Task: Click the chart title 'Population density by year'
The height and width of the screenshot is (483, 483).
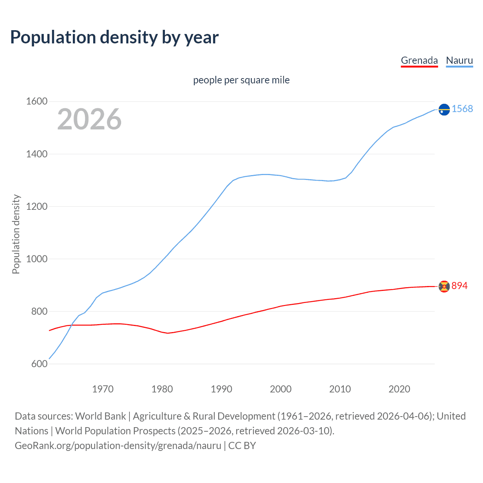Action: coord(114,37)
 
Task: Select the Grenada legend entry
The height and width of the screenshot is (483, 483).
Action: coord(419,60)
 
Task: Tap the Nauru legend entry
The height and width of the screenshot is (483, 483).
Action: coord(459,60)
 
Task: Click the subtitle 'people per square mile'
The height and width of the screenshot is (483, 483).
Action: coord(241,80)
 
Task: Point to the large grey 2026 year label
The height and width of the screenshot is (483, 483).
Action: coord(89,119)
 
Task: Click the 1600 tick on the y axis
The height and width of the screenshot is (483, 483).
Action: coord(37,102)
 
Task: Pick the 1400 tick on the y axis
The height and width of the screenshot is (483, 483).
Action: coord(37,154)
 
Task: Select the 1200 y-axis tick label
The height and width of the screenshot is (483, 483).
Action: coord(37,206)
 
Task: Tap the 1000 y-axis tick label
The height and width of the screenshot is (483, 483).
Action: coord(37,259)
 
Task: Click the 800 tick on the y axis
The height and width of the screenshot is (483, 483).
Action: coord(39,311)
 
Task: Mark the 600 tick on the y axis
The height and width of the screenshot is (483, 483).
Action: coord(39,364)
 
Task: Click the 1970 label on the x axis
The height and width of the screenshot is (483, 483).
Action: coord(103,389)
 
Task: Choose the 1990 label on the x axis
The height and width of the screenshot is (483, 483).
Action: coord(222,389)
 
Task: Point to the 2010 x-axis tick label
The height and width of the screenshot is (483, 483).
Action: coord(340,389)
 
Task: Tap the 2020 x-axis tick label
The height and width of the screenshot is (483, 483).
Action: coord(399,389)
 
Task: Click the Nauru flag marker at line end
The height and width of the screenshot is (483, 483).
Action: coord(444,109)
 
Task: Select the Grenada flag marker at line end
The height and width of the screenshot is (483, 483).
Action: coord(444,286)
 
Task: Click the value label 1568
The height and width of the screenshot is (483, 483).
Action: coord(462,109)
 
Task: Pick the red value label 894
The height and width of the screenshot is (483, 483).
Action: coord(460,286)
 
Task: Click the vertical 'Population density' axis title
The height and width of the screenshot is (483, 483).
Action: coord(16,234)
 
